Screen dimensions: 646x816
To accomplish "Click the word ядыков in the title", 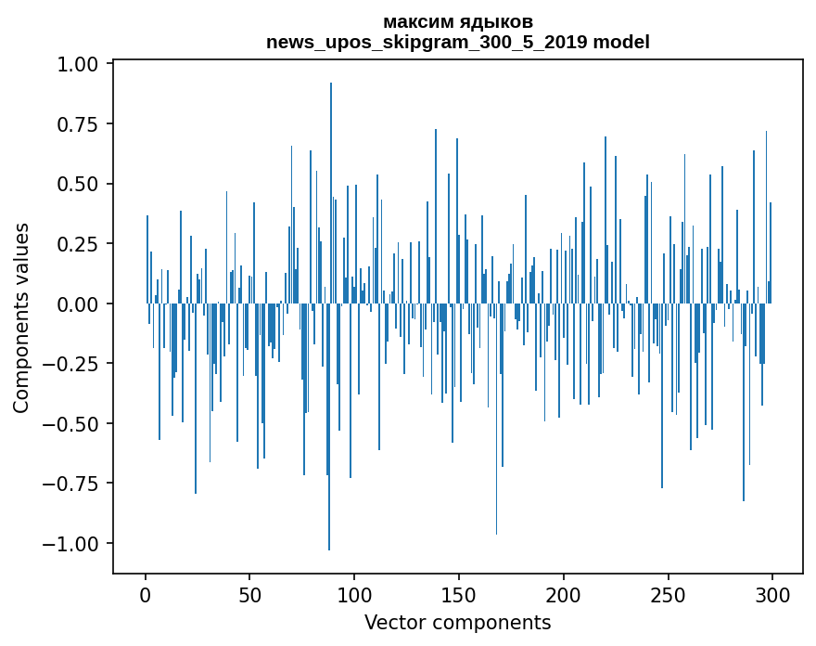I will [x=493, y=22].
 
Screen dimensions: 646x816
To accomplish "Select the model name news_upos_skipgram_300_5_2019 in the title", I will [x=427, y=42].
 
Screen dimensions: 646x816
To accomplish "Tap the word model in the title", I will [x=621, y=42].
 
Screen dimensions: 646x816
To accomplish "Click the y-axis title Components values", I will [x=21, y=317].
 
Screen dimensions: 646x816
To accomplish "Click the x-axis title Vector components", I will [x=457, y=622].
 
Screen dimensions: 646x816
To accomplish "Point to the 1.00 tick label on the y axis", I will [x=83, y=65].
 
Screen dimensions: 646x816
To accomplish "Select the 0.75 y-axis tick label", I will [x=83, y=124].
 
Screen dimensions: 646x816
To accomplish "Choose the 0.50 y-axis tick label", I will [x=83, y=185].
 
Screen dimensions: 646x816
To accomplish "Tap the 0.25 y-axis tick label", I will [x=83, y=244].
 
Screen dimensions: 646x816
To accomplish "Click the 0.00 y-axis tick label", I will [x=83, y=304].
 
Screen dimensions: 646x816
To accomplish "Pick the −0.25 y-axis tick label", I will [x=75, y=364].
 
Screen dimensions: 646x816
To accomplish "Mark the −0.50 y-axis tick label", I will [x=75, y=424].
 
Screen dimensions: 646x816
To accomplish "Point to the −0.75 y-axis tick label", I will [x=75, y=484].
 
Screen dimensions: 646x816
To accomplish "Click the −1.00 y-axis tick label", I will [x=75, y=544].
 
